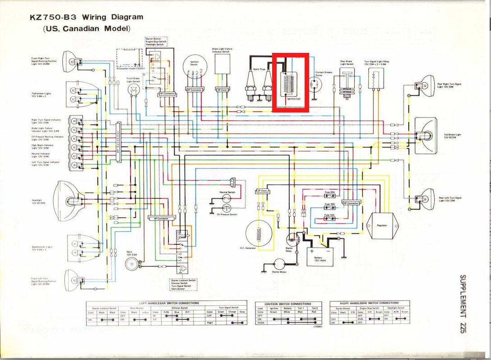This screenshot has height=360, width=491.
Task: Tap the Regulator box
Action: [x=382, y=225]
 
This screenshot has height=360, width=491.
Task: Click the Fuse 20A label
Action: [x=329, y=192]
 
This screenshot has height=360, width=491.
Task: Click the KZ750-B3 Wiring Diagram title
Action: [x=87, y=18]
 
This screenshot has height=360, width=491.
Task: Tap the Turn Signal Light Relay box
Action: [x=374, y=80]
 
